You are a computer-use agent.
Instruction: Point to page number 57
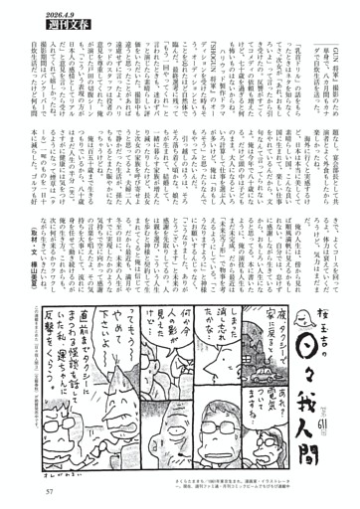(x=48, y=489)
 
